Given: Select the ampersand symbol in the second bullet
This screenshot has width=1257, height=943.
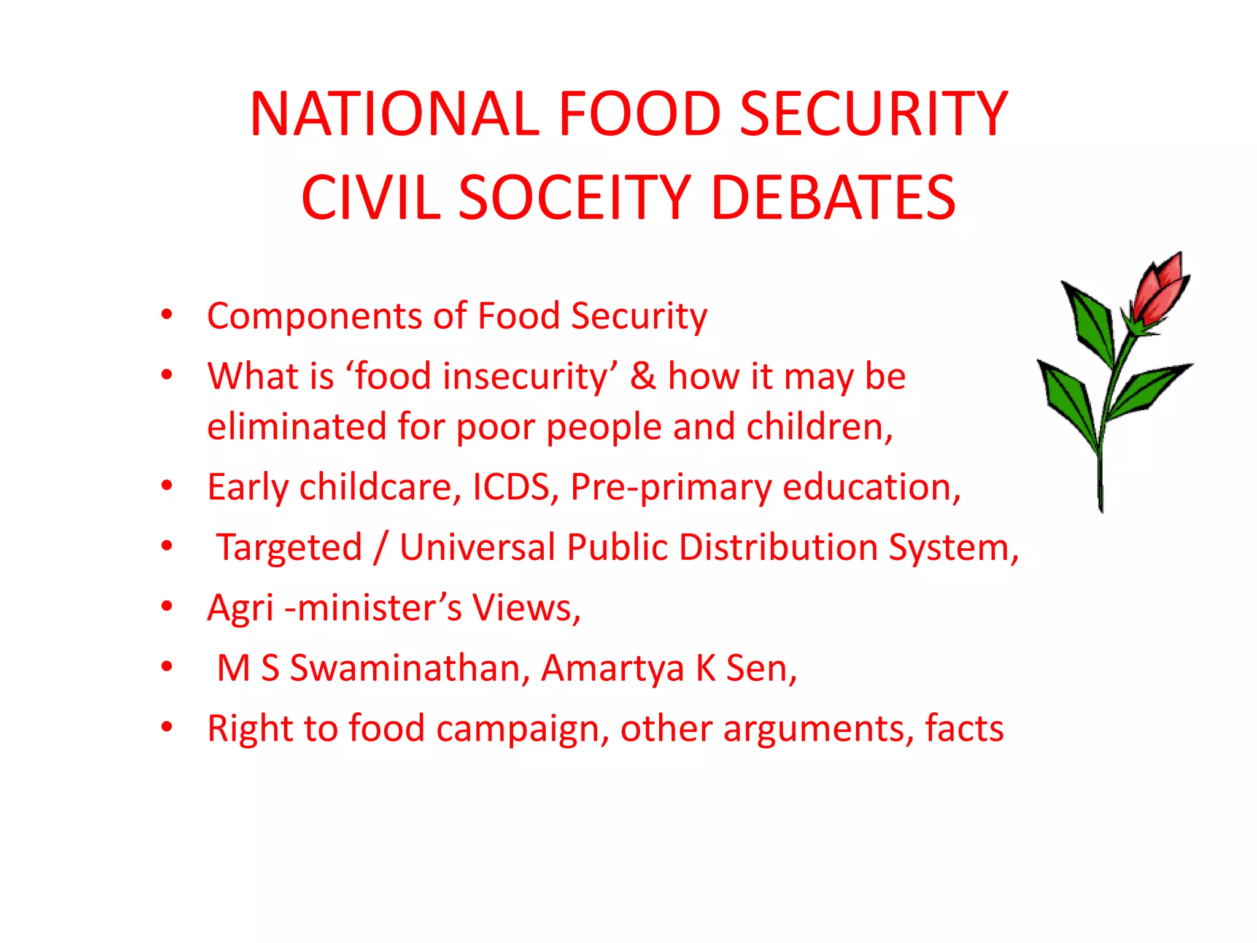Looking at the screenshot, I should point(643,376).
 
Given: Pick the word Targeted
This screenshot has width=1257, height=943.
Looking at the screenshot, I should point(289,547).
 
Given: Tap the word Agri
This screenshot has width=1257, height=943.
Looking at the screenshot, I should point(240,608).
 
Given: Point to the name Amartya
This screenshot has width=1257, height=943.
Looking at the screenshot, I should point(612,668).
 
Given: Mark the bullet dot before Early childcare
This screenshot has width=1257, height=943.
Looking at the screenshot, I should point(166,486).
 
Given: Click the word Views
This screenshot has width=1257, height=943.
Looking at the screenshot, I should point(525,608).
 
